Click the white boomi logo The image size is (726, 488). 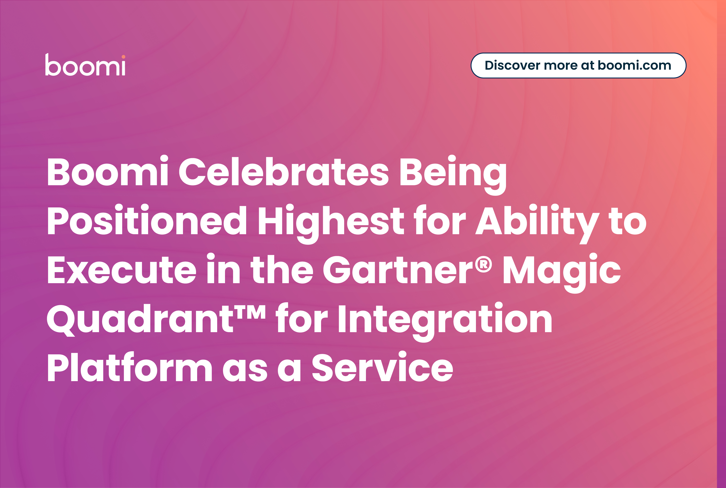pos(85,64)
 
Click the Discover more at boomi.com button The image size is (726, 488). pos(578,65)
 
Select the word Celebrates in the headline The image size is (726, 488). pos(283,172)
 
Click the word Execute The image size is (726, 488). pos(122,269)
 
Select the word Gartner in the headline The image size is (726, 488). pos(398,269)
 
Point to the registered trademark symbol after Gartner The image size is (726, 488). pos(483,264)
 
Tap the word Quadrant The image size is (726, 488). pos(140,319)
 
